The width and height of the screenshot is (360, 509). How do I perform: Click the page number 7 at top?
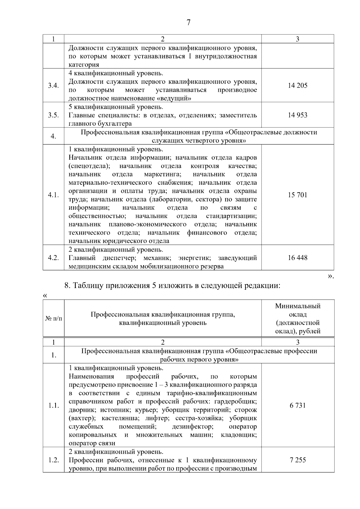(188, 23)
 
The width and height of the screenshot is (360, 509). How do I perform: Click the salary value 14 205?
(298, 85)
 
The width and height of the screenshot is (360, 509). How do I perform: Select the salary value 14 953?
(298, 115)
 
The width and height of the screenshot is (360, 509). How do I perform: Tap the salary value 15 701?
(298, 195)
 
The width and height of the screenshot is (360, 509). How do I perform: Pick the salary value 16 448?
(298, 258)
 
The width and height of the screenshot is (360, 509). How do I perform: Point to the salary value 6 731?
(298, 406)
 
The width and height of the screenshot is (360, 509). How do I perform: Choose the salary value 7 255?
(298, 460)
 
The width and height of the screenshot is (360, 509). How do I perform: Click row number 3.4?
(53, 85)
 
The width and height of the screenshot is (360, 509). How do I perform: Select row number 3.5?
(53, 115)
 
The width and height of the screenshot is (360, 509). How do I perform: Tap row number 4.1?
(53, 195)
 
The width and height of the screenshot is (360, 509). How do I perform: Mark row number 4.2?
(53, 258)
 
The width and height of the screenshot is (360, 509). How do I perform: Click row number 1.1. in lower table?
(53, 406)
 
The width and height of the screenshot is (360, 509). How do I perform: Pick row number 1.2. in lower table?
(53, 460)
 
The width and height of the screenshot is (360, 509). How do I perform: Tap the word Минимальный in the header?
(298, 306)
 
